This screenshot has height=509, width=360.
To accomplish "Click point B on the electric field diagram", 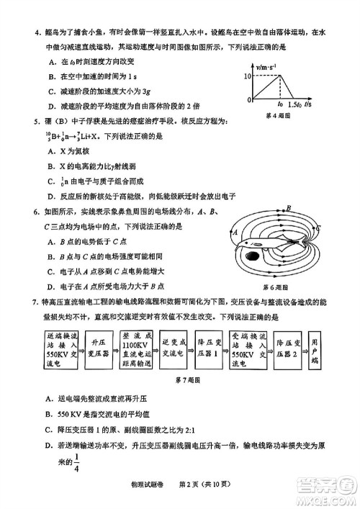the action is pyautogui.click(x=288, y=207).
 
